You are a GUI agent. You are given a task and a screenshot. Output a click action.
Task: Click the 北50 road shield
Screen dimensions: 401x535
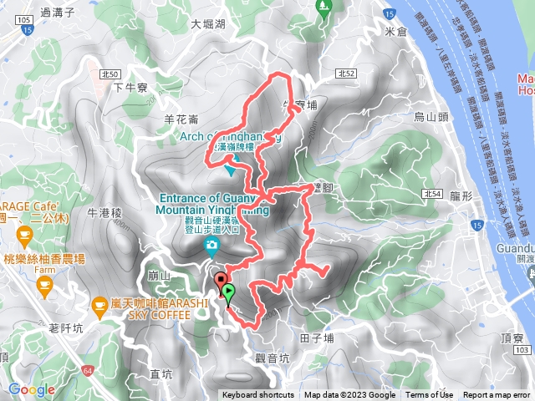pos(105,74)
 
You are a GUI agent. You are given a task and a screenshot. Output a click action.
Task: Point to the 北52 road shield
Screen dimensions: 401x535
pos(346,74)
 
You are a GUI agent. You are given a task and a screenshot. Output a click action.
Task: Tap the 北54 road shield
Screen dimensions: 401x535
pos(431,194)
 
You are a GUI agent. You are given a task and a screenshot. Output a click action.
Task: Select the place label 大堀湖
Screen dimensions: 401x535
pos(207,25)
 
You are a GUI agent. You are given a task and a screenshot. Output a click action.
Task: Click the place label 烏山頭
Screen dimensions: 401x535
pos(431,117)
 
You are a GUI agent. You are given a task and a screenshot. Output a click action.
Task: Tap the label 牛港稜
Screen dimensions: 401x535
pos(104,214)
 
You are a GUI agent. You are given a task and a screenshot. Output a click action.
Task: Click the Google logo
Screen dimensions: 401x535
pos(32,388)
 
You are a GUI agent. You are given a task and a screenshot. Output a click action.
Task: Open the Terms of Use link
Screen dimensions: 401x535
pos(431,395)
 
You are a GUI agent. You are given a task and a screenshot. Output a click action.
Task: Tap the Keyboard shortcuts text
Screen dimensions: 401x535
pos(257,395)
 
